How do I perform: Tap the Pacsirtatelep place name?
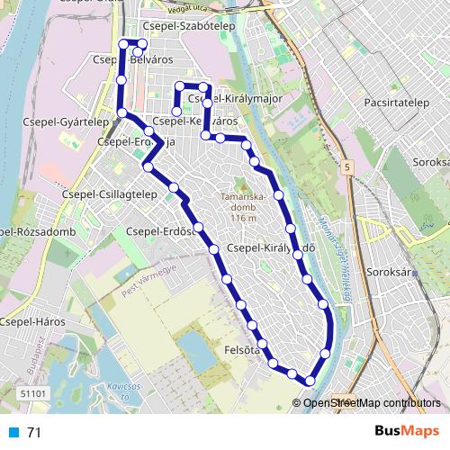(x=396, y=103)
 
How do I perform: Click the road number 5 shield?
(x=346, y=167)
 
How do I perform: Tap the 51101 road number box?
(x=31, y=393)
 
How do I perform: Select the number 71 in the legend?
(x=34, y=432)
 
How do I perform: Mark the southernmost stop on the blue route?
(x=310, y=381)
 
